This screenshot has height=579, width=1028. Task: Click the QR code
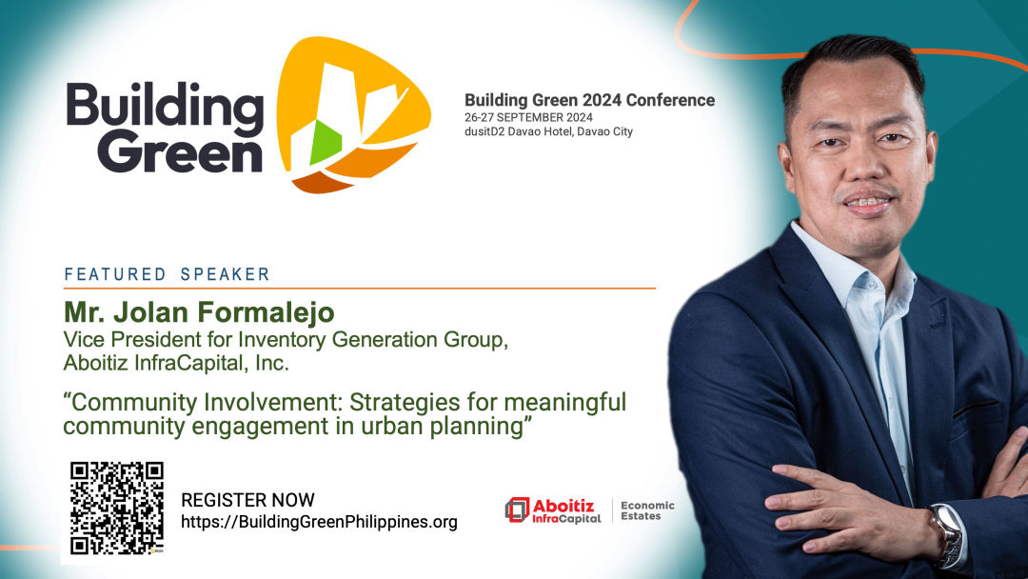coord(117,509)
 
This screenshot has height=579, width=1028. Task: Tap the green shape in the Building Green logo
coord(326,142)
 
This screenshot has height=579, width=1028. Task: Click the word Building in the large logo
coord(165,105)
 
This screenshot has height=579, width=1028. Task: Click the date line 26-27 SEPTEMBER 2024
coord(528,117)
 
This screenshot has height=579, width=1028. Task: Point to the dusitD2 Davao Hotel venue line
coord(549,131)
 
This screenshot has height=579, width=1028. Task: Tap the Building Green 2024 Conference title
coord(589,100)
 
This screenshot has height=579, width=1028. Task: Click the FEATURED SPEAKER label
coord(168,274)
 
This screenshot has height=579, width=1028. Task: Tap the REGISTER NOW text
coord(247,500)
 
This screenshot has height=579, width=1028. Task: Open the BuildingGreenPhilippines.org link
coord(319,522)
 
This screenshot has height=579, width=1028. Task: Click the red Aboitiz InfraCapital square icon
coord(517,509)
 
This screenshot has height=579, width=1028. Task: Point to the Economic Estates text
coord(648,510)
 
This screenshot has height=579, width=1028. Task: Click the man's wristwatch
coord(947,534)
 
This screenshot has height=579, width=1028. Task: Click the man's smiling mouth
coord(867,203)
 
